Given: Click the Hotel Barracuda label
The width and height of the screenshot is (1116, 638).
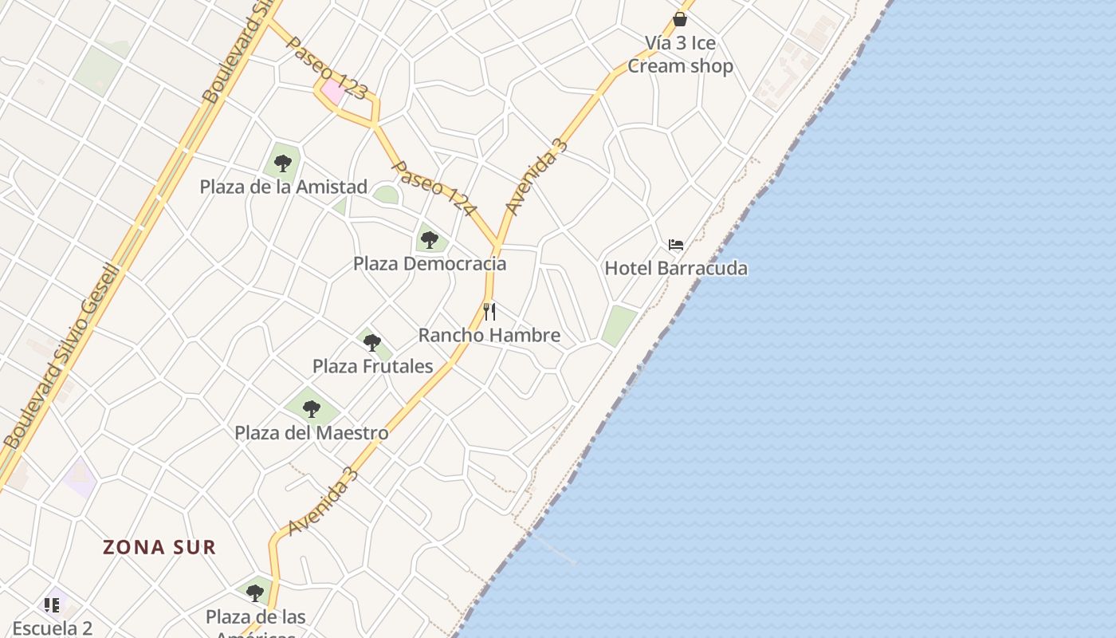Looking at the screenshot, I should [676, 268].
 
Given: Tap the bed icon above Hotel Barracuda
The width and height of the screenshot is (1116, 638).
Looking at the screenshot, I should [676, 245].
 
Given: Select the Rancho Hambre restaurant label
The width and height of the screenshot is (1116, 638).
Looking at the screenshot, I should [489, 335].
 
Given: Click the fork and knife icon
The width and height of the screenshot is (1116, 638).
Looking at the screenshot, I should [489, 312].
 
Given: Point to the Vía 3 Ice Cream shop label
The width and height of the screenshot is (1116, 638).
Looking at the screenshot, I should [680, 54].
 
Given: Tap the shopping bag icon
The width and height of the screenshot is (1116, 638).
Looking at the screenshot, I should [680, 18].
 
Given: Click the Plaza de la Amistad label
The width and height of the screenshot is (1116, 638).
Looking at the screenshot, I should [283, 187].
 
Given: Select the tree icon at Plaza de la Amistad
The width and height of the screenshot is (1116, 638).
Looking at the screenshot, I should [282, 163].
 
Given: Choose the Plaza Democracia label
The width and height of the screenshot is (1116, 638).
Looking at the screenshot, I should [430, 263].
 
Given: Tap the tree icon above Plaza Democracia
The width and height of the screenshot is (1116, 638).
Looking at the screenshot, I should [430, 239].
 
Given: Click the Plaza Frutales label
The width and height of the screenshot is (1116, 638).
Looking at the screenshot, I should [372, 366].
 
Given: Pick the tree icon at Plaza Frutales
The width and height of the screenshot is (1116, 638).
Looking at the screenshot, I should [371, 343].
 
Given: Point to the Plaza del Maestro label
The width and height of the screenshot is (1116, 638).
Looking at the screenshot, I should [311, 433].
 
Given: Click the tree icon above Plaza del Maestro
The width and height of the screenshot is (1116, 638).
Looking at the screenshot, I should [311, 409].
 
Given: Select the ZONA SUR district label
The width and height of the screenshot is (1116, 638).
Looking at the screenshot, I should [159, 547].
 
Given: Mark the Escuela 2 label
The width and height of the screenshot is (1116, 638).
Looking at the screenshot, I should [53, 628].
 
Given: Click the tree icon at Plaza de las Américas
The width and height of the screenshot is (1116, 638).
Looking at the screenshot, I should [255, 593].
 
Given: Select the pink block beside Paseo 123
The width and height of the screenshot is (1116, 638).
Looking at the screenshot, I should [333, 91].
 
